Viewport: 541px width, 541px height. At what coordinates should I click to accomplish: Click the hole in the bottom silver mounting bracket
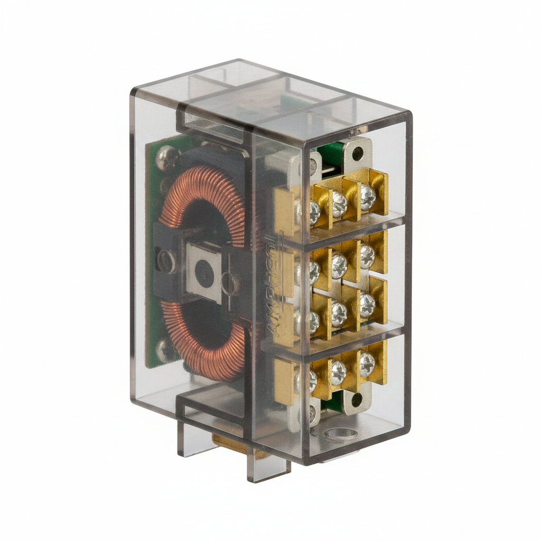pos(356,399)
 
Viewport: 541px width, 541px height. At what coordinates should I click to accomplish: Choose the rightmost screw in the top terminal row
pos(367,197)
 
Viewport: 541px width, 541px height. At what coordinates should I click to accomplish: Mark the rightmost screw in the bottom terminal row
pos(367,364)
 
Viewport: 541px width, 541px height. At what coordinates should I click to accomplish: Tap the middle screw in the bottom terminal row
pos(338,371)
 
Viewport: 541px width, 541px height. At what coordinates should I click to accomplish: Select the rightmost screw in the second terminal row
pos(367,255)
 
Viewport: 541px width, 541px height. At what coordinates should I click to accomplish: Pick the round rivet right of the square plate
pos(230,283)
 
